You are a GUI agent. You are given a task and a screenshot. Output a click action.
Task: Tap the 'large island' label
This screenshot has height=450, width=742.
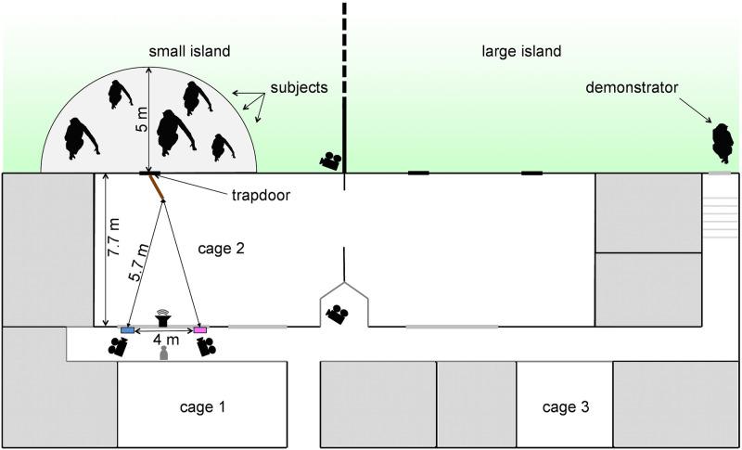coord(521,51)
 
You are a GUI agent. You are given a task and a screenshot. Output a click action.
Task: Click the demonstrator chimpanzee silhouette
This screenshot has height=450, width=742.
coord(721,141)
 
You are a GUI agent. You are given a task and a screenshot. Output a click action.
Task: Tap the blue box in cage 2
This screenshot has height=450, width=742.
coord(128,330)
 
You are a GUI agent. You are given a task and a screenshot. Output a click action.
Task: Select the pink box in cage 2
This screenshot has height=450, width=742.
coord(199,330)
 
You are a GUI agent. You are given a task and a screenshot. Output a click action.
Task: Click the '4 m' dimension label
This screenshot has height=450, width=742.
coord(163,341)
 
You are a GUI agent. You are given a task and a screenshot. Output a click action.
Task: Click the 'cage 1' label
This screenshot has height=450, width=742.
coord(202,406)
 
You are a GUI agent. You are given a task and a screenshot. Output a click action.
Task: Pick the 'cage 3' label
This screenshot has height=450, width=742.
coord(565,406)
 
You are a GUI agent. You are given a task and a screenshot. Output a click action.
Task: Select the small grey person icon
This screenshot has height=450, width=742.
coord(163,355)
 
